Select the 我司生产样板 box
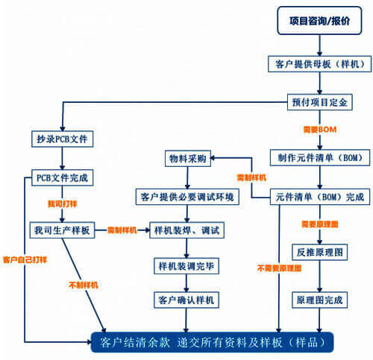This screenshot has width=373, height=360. click(62, 230)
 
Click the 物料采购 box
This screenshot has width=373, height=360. click(188, 158)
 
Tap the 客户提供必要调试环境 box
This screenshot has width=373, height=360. click(188, 197)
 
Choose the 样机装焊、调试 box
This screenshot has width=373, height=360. click(188, 230)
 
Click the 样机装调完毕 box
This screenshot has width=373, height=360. click(188, 265)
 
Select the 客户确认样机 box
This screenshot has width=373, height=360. click(188, 300)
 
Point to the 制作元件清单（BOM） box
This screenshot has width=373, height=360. click(319, 158)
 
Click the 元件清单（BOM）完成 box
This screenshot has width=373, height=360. click(319, 197)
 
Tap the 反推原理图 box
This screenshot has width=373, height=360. click(319, 253)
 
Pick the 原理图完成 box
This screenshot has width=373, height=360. click(319, 300)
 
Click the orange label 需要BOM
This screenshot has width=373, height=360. click(319, 130)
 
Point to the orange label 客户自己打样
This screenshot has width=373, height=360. click(25, 259)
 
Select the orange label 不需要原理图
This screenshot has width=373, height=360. click(274, 268)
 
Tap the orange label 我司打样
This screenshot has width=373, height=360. click(63, 203)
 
